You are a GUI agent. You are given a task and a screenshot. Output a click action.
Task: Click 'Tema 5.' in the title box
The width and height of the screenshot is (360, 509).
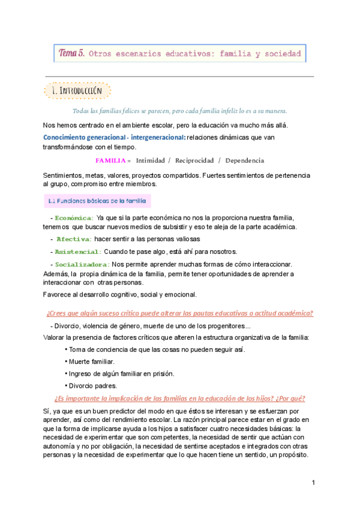[71, 53]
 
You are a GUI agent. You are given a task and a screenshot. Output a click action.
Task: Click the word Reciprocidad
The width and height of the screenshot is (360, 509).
[194, 160]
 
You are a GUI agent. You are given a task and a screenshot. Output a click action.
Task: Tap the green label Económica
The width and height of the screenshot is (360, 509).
[74, 217]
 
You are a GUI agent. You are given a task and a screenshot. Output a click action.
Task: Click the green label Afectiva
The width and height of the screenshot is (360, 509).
[74, 239]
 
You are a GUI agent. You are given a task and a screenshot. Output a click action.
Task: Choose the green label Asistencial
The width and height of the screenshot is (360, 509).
[78, 251]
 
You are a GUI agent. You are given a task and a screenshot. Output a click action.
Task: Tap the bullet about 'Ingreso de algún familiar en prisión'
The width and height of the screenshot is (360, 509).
[122, 373]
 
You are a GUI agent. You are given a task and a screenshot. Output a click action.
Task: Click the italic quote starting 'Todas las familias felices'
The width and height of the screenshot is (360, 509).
[179, 111]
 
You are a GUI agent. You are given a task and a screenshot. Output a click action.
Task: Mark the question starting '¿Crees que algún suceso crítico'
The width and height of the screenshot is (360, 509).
[179, 313]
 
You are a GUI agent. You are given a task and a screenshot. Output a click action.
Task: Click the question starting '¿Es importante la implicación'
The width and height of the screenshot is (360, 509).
[179, 399]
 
